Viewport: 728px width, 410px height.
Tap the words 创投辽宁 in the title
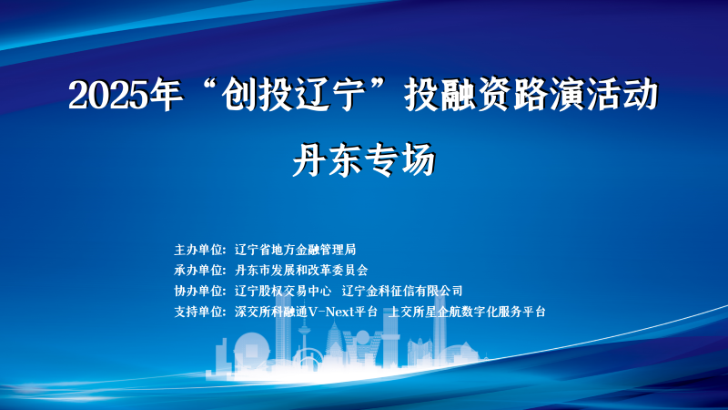(x=293, y=95)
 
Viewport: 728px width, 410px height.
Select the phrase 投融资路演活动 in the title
(x=531, y=95)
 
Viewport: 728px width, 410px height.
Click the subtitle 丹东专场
(x=364, y=159)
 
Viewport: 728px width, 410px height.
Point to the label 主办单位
(x=197, y=250)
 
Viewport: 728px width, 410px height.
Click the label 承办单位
(x=197, y=270)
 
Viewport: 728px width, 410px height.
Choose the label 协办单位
(x=197, y=291)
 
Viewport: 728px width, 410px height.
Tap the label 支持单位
(x=197, y=312)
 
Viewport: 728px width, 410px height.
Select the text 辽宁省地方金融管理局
(x=295, y=250)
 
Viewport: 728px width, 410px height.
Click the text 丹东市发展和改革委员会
(x=301, y=270)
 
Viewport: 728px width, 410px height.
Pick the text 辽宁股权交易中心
(x=283, y=291)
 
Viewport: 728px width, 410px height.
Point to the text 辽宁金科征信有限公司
(x=402, y=291)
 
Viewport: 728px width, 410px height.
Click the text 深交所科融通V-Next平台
(x=306, y=312)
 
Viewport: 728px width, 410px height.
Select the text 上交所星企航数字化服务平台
(x=467, y=312)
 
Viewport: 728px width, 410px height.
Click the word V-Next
(x=330, y=312)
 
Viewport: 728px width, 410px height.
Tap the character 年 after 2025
(x=167, y=95)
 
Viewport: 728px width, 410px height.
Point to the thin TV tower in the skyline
(x=304, y=342)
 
